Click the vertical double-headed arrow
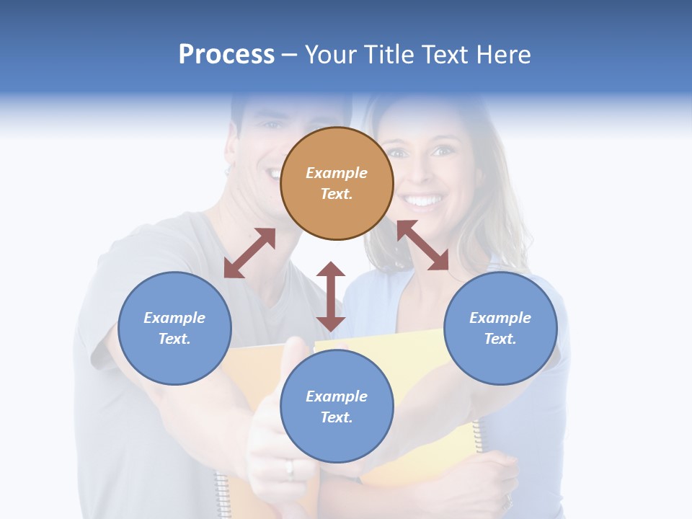click(x=331, y=296)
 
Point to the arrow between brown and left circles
click(x=249, y=253)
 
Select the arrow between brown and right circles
click(x=422, y=245)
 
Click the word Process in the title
click(x=226, y=54)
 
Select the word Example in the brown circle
click(x=337, y=173)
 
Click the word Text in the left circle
click(x=174, y=339)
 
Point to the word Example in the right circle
click(x=500, y=318)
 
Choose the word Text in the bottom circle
click(x=337, y=417)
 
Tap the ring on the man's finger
click(x=290, y=469)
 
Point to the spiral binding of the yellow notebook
click(x=478, y=432)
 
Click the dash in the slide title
click(x=290, y=55)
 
